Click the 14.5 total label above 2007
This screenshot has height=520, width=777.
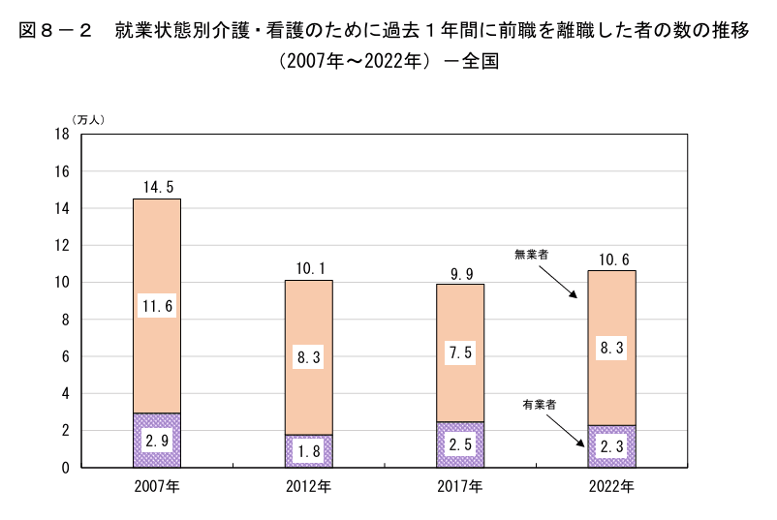[157, 186]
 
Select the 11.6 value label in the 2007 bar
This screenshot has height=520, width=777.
[157, 306]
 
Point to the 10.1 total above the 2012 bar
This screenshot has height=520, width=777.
[308, 267]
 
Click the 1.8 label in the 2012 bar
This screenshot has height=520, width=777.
[308, 452]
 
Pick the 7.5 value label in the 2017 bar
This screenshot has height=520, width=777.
[460, 353]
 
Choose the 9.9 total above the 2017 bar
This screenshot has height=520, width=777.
[460, 271]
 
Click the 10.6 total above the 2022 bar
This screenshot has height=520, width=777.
[612, 258]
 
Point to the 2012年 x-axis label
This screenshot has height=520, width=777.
[308, 485]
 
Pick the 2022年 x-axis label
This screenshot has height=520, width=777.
[612, 485]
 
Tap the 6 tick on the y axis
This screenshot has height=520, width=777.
[64, 356]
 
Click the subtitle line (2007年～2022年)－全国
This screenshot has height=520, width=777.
[388, 60]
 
